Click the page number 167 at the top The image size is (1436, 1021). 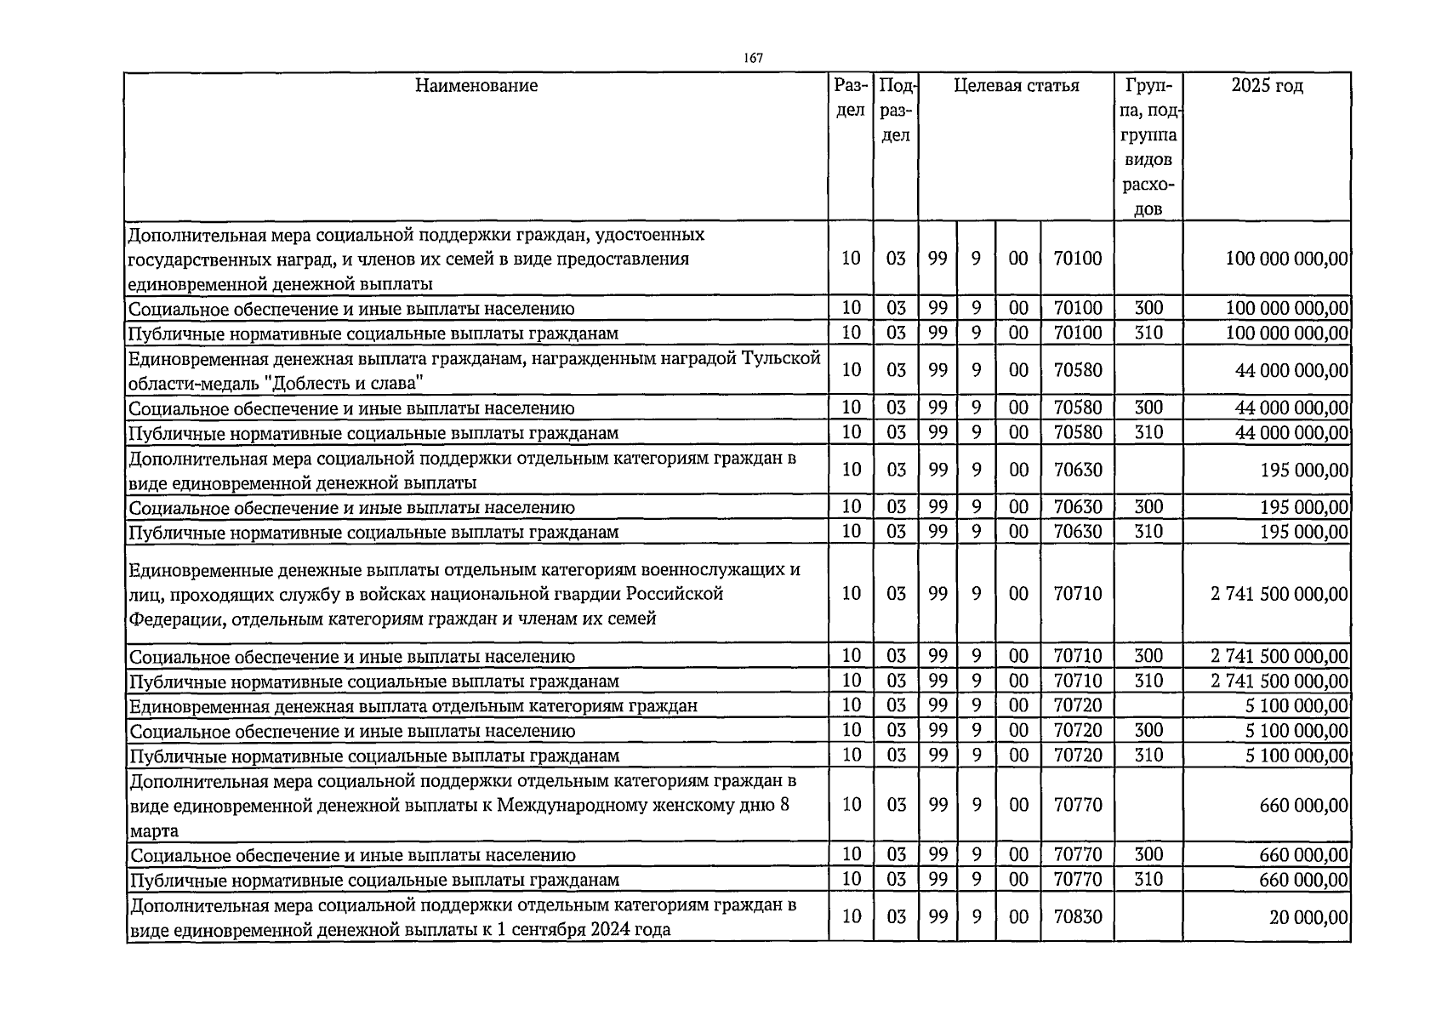pos(752,58)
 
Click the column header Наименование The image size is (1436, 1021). pos(476,86)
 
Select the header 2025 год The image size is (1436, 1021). pos(1267,86)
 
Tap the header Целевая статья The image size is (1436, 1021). pos(1016,86)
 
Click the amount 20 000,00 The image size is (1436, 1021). pos(1308,917)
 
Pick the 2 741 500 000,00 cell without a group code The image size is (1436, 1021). pos(1279,594)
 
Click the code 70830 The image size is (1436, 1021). pos(1077,916)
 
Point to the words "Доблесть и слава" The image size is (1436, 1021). pos(345,383)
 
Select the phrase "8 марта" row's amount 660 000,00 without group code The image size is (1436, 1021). pos(1303,805)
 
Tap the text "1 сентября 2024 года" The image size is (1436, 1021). pos(584,929)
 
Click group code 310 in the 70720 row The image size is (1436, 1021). pos(1148,756)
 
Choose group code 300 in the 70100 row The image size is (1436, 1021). pos(1148,308)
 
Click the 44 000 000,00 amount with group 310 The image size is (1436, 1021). pos(1291,433)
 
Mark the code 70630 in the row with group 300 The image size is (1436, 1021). pos(1077,508)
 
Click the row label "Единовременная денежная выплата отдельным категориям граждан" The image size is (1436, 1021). pos(413,706)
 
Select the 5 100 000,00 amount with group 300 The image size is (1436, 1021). pos(1297,731)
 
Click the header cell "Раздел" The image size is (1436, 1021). pos(851,98)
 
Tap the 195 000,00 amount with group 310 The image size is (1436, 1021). pos(1303,533)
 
